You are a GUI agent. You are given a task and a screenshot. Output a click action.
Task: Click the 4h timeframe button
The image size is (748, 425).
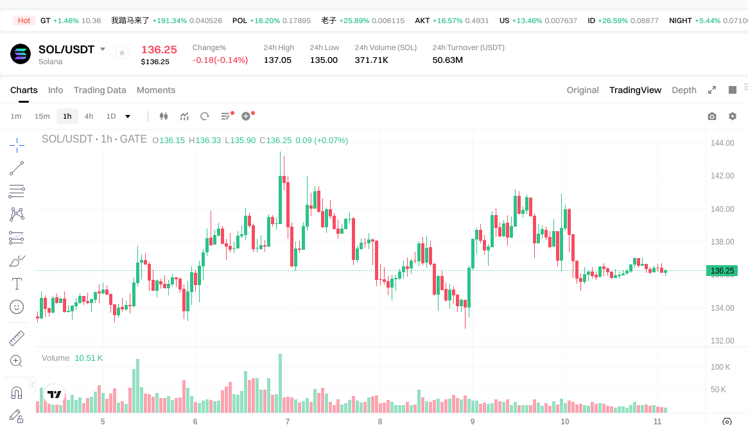pyautogui.click(x=89, y=116)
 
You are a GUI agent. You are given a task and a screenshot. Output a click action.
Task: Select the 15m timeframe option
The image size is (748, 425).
pyautogui.click(x=42, y=116)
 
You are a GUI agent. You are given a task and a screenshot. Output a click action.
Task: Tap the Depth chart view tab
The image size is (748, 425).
pyautogui.click(x=684, y=90)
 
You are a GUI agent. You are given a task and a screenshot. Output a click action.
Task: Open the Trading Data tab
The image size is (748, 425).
pyautogui.click(x=100, y=90)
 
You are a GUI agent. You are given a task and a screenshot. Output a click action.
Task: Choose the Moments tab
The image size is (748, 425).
pyautogui.click(x=155, y=90)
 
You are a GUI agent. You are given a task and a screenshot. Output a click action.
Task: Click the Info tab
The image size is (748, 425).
pyautogui.click(x=55, y=90)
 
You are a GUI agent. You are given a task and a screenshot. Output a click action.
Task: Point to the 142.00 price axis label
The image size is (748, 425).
pyautogui.click(x=722, y=176)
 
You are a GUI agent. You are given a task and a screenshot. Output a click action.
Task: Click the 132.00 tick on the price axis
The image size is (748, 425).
pyautogui.click(x=722, y=341)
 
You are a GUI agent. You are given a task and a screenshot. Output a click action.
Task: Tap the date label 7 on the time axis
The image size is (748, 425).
pyautogui.click(x=287, y=421)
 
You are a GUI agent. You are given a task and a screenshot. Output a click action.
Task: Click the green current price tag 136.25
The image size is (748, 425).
pyautogui.click(x=722, y=271)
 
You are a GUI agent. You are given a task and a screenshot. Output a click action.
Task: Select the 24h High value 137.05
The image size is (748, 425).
pyautogui.click(x=277, y=60)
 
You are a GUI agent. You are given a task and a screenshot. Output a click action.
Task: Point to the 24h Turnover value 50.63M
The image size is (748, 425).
pyautogui.click(x=448, y=60)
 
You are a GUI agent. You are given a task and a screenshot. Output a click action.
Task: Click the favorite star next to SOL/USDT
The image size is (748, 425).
pyautogui.click(x=122, y=53)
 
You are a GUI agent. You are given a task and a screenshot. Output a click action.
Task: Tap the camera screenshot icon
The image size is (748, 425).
pyautogui.click(x=711, y=116)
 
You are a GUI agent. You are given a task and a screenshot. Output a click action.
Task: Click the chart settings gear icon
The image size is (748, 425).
pyautogui.click(x=732, y=116)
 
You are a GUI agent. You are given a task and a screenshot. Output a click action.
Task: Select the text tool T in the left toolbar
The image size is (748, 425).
pyautogui.click(x=17, y=283)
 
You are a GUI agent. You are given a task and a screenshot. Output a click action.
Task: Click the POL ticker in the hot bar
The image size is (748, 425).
pyautogui.click(x=239, y=21)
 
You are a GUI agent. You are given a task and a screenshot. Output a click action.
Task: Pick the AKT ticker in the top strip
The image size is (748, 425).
pyautogui.click(x=422, y=21)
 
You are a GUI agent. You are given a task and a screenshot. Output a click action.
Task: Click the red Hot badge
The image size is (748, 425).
pyautogui.click(x=24, y=21)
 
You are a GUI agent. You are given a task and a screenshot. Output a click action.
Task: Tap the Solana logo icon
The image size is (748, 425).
pyautogui.click(x=21, y=54)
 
